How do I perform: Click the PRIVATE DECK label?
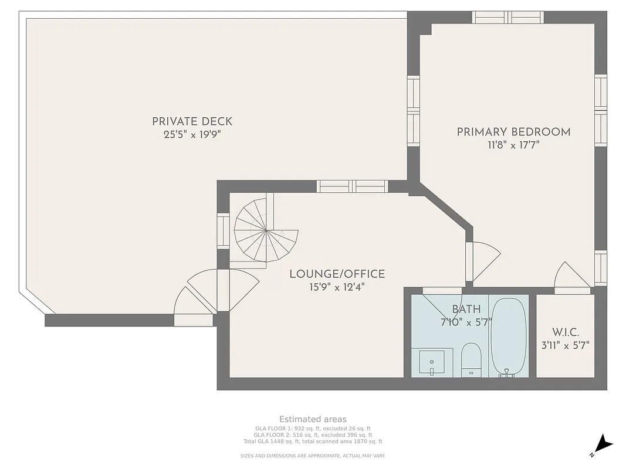point(192,121)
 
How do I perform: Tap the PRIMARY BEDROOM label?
point(513,132)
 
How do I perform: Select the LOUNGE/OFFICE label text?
point(337,274)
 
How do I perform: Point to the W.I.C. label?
point(566,332)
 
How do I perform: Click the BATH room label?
point(466,309)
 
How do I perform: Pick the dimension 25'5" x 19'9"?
point(192,135)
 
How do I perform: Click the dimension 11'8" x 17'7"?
point(513,145)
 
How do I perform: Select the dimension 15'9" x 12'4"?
point(337,287)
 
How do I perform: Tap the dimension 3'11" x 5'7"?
point(566,345)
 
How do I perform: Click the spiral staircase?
point(265,232)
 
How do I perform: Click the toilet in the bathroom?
point(471,359)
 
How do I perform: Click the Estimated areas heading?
point(313,419)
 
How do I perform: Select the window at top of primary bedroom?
point(508,17)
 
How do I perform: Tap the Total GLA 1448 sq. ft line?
point(313,441)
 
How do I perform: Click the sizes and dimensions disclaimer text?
point(313,456)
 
